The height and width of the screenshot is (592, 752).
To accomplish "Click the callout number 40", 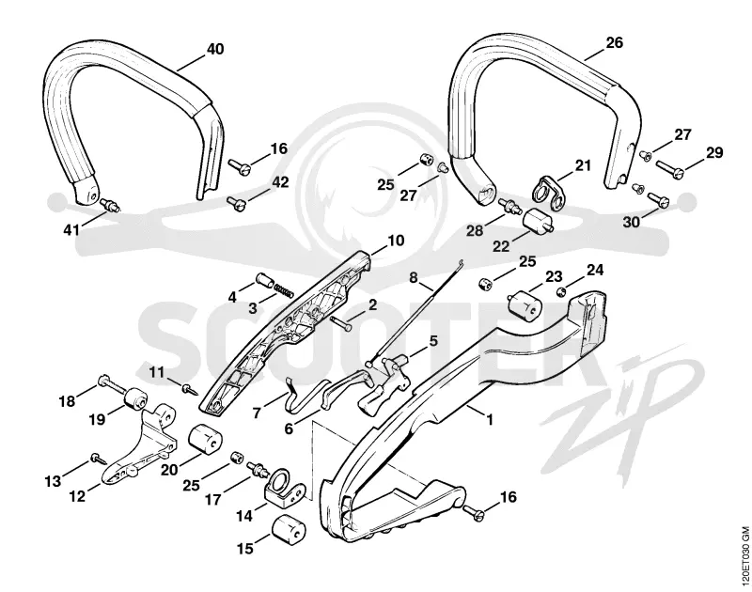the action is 215,49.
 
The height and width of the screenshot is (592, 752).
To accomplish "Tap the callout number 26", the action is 615,42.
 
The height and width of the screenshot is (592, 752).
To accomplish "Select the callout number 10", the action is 396,241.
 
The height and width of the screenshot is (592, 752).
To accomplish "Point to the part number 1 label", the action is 490,420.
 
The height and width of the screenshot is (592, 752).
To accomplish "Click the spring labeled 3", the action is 284,290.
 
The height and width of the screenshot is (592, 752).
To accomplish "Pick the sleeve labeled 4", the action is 264,279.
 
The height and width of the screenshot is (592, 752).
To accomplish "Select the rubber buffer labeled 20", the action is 204,439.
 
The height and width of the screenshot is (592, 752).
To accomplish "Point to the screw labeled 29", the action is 668,168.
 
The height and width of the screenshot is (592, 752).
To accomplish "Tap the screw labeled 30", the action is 657,200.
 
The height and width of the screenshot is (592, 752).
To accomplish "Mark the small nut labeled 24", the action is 560,291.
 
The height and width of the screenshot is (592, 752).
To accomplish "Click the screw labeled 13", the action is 99,459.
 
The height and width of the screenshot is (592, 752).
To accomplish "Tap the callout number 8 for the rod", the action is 414,277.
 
